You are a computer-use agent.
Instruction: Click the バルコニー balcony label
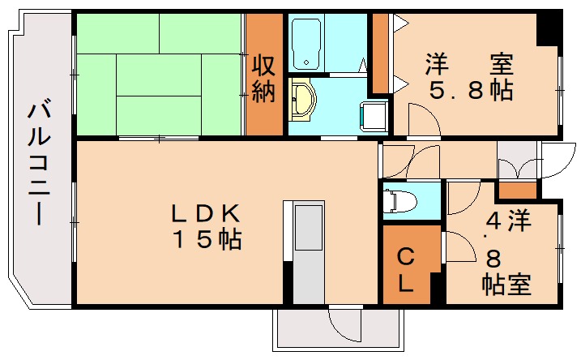(x=37, y=162)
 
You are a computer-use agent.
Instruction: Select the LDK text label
(x=204, y=212)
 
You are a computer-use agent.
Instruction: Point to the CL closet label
(x=406, y=271)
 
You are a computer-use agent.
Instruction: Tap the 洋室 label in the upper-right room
(x=471, y=62)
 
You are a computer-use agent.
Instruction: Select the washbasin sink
(x=301, y=100)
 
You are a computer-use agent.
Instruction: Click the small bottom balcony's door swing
(x=345, y=324)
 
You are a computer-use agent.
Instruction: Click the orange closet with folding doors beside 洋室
(x=379, y=54)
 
